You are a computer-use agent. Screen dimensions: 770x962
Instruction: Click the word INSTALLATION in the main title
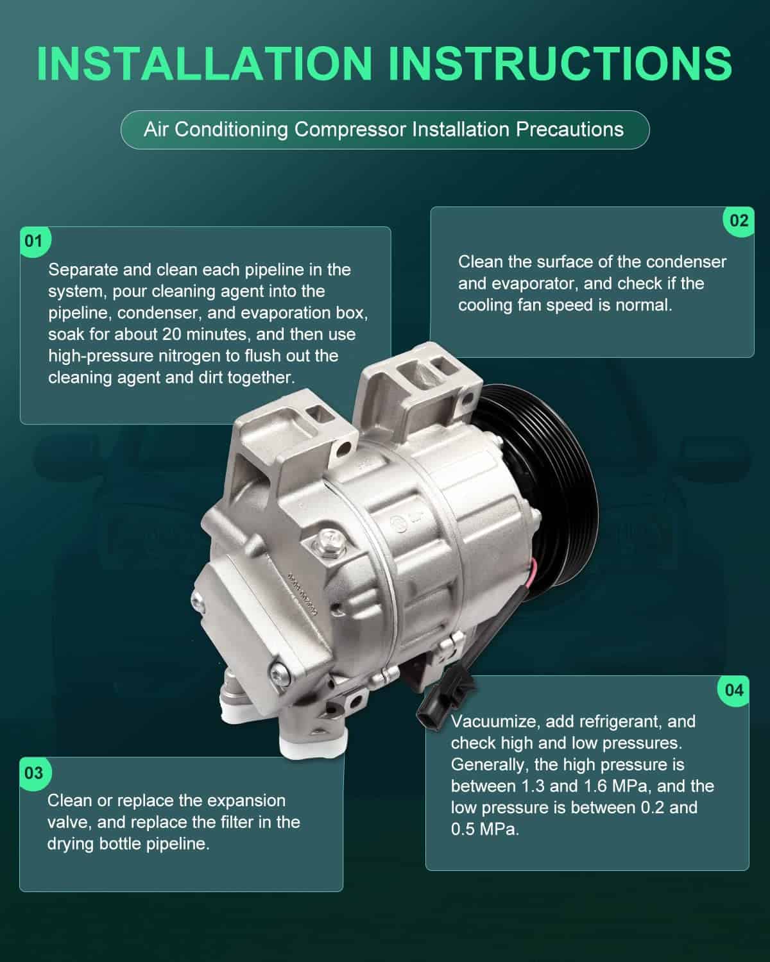pyautogui.click(x=205, y=63)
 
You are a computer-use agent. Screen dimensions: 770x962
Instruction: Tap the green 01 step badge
pyautogui.click(x=35, y=241)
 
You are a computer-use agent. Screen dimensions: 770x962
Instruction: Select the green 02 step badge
pyautogui.click(x=739, y=221)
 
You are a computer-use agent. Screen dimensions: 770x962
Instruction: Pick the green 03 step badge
pyautogui.click(x=35, y=772)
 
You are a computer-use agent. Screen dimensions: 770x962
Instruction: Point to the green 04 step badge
pyautogui.click(x=734, y=691)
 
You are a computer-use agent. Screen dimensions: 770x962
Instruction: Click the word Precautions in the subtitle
pyautogui.click(x=570, y=130)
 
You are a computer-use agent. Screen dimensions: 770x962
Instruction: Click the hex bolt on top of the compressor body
pyautogui.click(x=330, y=539)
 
